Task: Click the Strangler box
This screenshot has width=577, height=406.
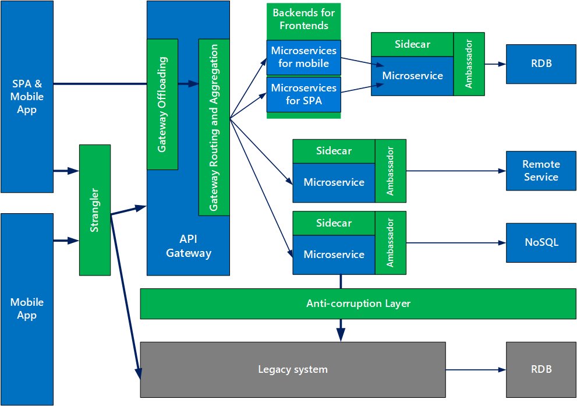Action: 95,210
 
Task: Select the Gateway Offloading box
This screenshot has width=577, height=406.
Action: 162,104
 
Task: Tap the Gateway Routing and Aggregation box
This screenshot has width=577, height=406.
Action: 214,127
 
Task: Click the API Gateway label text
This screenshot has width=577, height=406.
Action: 188,246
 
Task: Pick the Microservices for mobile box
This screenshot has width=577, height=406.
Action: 303,57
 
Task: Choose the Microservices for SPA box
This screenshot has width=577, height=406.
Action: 303,94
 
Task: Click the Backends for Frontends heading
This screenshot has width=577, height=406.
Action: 303,19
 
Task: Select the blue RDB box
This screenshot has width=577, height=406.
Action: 541,63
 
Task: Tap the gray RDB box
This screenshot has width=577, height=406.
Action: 541,369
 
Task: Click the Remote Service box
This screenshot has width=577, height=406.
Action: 541,171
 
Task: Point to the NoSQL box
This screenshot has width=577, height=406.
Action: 541,242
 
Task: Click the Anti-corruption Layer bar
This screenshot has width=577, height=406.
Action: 358,303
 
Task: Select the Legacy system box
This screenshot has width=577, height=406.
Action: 293,369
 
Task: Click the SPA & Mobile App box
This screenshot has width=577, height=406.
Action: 27,96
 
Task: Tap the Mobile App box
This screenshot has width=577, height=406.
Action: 27,309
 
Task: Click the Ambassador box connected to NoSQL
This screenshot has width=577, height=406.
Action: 390,243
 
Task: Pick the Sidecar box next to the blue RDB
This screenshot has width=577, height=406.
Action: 412,44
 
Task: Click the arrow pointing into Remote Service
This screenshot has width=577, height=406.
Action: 454,171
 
